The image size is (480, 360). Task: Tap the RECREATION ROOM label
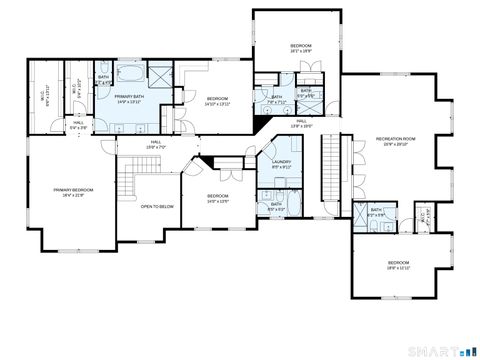[395, 140]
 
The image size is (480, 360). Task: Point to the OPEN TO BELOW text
[158, 207]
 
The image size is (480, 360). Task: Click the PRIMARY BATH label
[133, 99]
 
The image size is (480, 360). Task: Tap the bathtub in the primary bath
[130, 76]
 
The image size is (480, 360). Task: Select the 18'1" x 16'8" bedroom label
[301, 48]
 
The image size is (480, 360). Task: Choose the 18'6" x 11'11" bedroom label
[399, 265]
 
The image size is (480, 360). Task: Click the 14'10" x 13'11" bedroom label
[218, 101]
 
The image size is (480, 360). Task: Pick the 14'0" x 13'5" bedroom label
[218, 198]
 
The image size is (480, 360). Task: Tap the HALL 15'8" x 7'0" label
[156, 145]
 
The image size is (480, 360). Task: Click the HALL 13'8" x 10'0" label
[301, 124]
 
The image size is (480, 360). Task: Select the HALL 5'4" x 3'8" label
[78, 125]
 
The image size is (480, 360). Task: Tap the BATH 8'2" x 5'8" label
[376, 214]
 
